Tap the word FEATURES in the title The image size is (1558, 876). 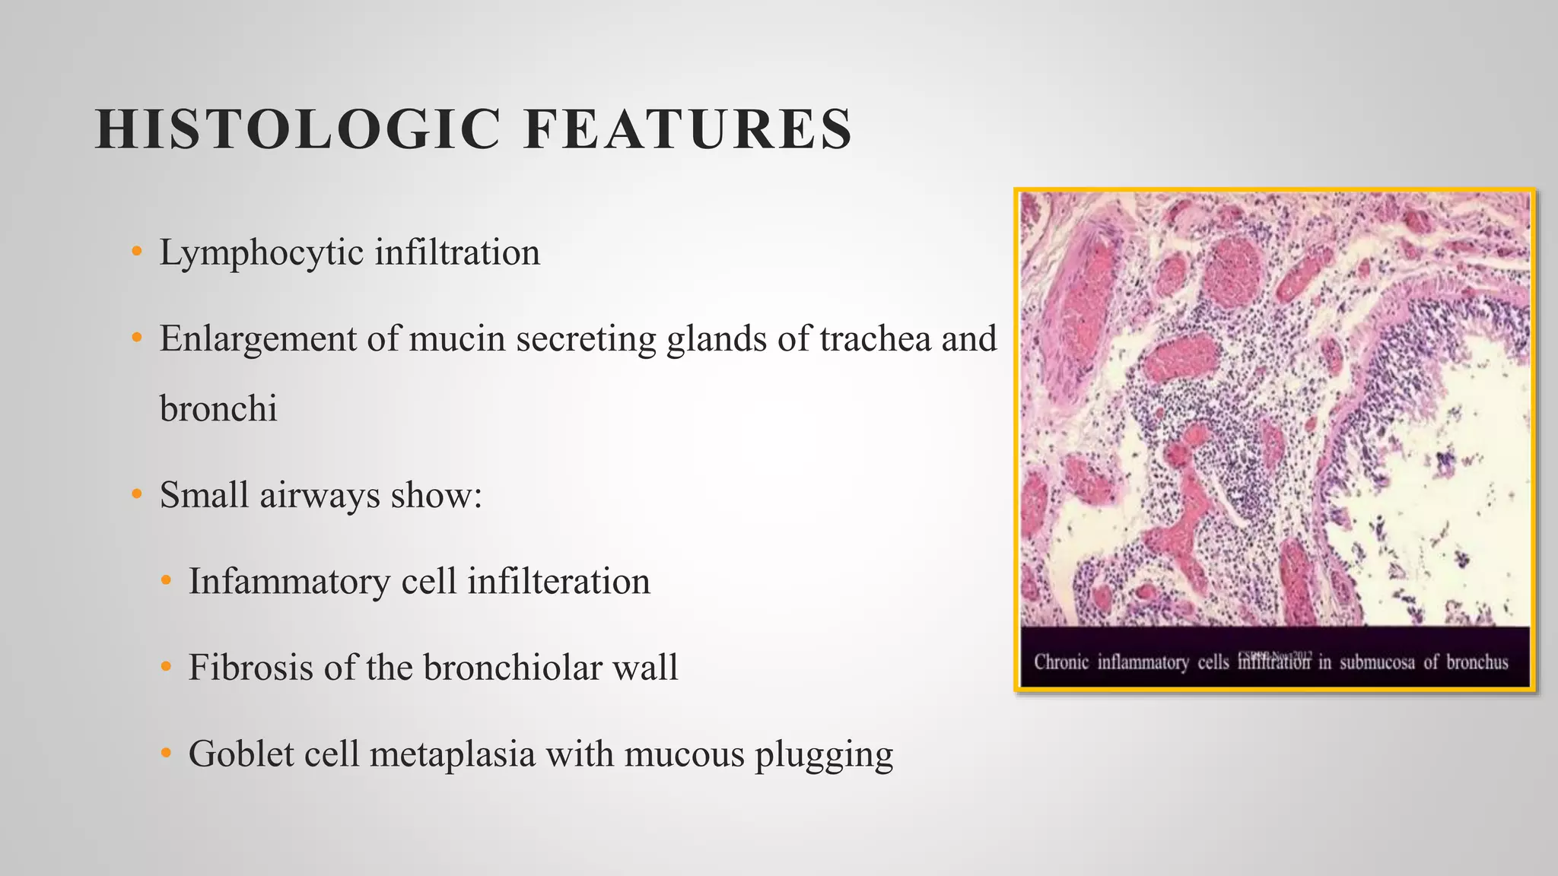point(688,129)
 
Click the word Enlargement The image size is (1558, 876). point(257,339)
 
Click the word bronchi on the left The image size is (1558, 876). point(218,409)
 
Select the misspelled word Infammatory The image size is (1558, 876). point(289,582)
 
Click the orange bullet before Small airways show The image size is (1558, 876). point(137,495)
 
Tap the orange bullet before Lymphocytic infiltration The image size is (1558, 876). point(137,252)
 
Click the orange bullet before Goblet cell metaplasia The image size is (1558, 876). point(167,754)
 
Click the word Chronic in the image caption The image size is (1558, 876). point(1060,662)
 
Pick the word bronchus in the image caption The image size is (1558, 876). point(1477,662)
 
